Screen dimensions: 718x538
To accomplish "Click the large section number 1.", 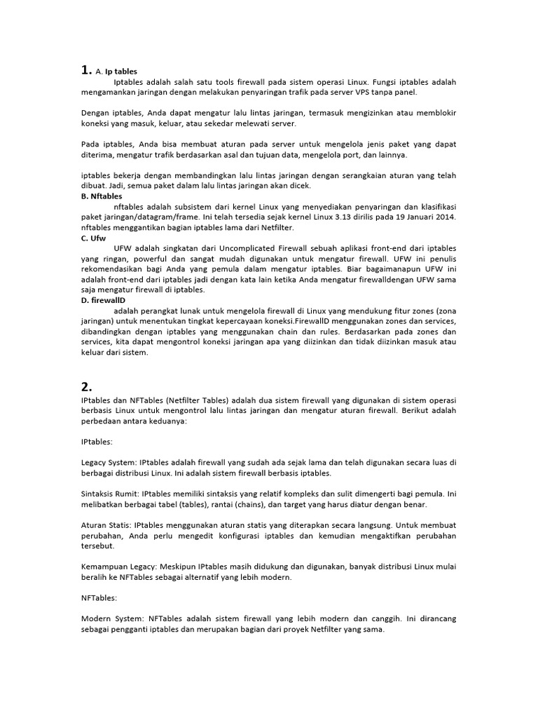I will [85, 70].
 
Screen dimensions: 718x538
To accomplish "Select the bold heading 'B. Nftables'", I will [102, 196].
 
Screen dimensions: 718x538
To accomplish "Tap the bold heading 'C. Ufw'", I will [94, 238].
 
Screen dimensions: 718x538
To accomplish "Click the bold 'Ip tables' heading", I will [121, 72].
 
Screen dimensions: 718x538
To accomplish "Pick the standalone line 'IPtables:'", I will [97, 443].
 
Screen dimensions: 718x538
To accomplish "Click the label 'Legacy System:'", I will [108, 463].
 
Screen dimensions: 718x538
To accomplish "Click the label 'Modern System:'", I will [109, 619].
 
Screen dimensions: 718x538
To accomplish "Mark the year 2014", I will [445, 217].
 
